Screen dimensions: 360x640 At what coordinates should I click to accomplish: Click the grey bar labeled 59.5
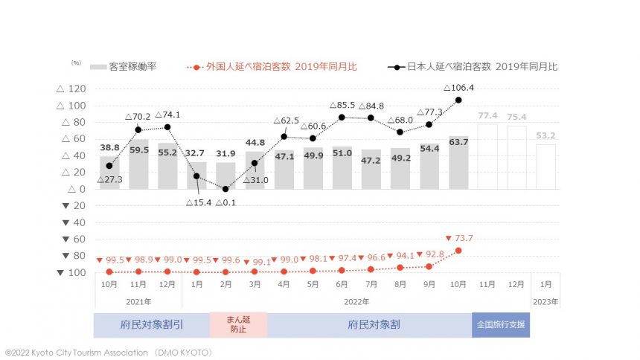pyautogui.click(x=138, y=164)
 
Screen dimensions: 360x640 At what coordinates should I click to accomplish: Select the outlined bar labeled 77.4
pyautogui.click(x=488, y=156)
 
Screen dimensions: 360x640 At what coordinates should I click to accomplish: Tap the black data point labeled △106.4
pyautogui.click(x=458, y=100)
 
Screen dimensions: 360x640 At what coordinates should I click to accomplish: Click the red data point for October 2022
pyautogui.click(x=458, y=251)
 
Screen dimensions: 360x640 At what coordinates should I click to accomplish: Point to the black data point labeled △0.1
pyautogui.click(x=225, y=189)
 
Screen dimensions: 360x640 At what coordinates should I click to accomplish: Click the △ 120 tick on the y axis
pyautogui.click(x=71, y=89)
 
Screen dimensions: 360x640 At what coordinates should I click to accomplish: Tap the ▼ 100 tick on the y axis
pyautogui.click(x=71, y=272)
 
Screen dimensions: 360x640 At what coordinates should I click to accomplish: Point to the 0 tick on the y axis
pyautogui.click(x=81, y=189)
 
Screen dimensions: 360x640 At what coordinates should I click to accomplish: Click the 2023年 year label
pyautogui.click(x=545, y=302)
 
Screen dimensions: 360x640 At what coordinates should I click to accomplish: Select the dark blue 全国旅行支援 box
pyautogui.click(x=501, y=325)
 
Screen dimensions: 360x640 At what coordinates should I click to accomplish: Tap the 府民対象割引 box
pyautogui.click(x=152, y=325)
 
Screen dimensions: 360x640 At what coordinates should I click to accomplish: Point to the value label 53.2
pyautogui.click(x=545, y=136)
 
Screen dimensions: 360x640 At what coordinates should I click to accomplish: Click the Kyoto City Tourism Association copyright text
pyautogui.click(x=109, y=351)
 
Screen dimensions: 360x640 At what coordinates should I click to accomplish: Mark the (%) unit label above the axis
pyautogui.click(x=76, y=62)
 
